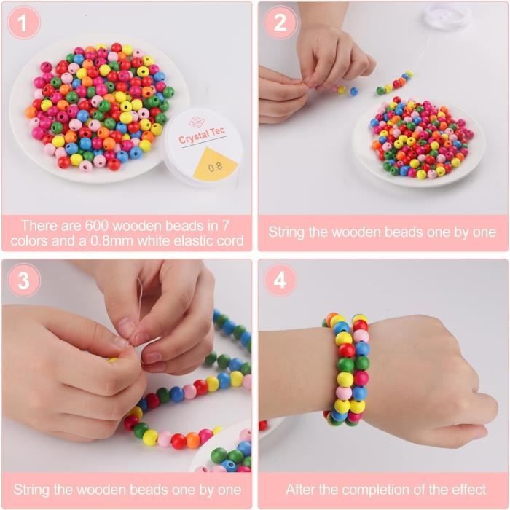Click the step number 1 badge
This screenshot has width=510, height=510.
point(23,23)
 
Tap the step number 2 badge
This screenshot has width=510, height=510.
point(280,23)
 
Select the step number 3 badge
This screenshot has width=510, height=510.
point(24,280)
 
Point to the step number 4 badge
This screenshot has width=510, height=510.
point(280,280)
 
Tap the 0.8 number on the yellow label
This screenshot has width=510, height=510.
point(215,168)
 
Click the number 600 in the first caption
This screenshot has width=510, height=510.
point(96,226)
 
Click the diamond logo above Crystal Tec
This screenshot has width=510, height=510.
point(196,122)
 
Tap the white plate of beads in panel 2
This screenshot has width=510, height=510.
point(419,143)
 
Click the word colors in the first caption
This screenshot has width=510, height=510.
point(28,241)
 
